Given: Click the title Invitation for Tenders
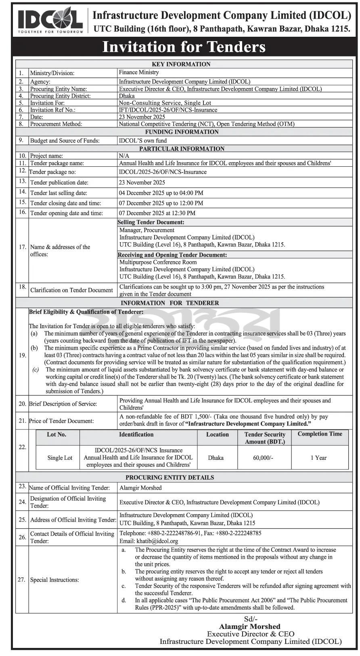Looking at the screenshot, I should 184,47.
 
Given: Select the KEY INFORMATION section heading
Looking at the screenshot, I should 181,64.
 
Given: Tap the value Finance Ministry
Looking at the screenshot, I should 138,73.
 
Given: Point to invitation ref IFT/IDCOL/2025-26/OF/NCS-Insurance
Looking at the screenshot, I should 168,110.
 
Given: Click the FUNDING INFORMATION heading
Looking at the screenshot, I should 182,132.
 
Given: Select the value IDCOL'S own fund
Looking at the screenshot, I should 142,141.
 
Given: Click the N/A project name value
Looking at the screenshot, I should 123,156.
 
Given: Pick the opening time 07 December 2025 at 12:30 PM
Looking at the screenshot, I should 157,213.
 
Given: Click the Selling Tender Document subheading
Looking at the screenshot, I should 151,222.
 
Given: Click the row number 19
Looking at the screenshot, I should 22,355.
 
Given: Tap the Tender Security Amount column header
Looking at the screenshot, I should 264,438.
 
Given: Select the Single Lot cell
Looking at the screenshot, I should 60,458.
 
